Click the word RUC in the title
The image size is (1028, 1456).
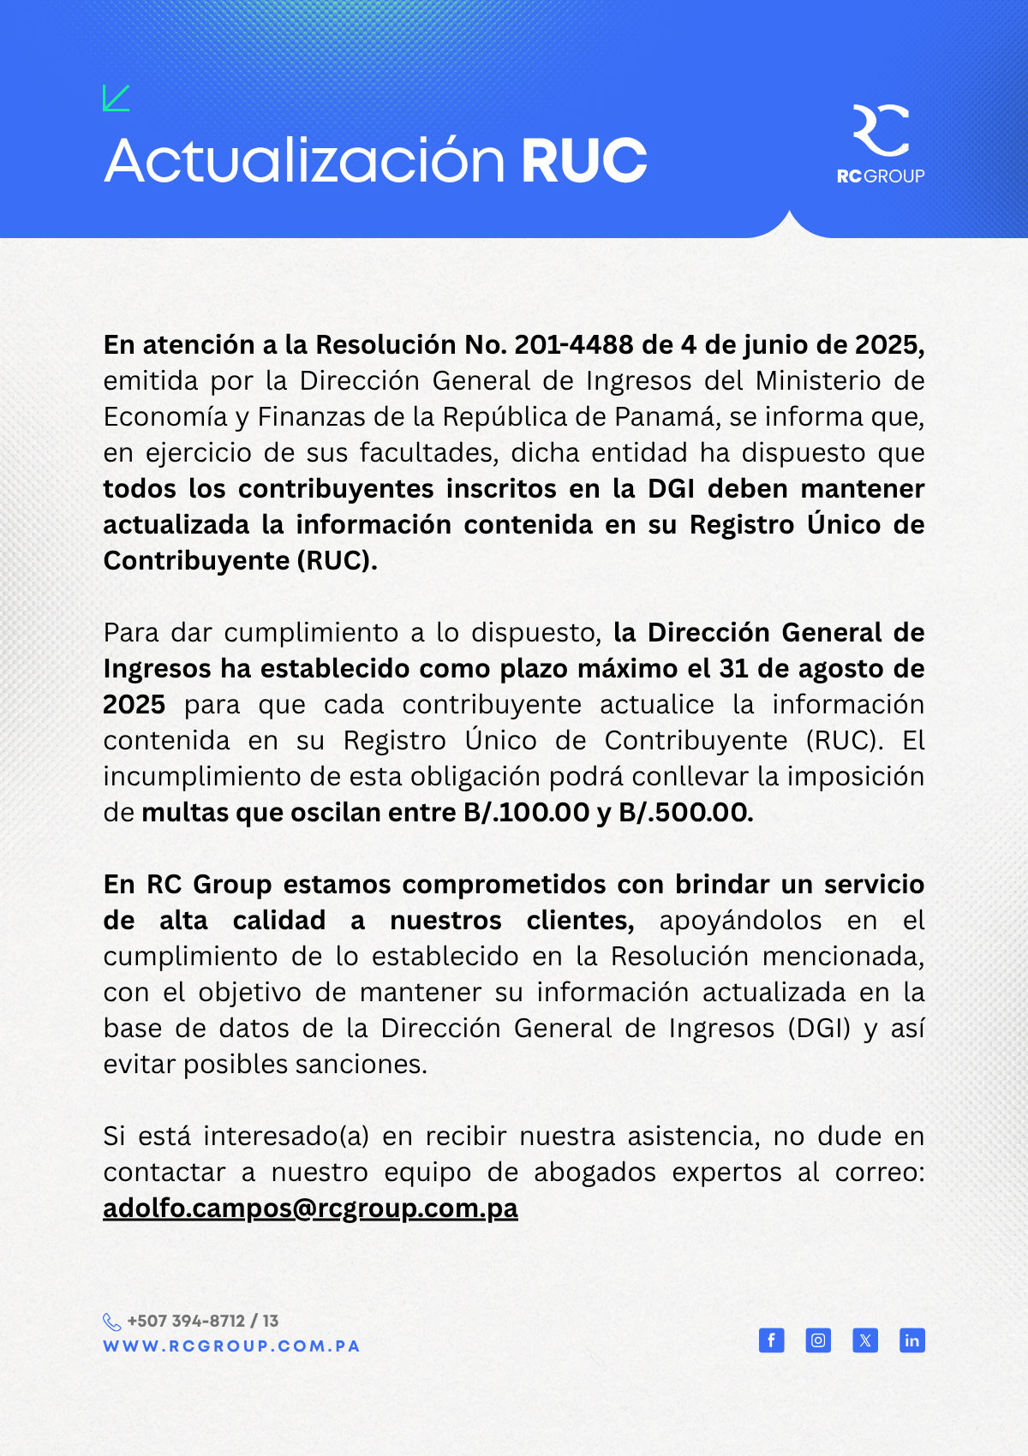583,161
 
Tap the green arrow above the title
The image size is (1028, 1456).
116,98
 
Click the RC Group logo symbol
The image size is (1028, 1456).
881,130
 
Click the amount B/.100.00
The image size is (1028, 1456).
527,812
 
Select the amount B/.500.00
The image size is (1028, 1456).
685,812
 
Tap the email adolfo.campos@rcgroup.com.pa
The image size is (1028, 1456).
310,1208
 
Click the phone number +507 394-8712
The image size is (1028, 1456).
186,1321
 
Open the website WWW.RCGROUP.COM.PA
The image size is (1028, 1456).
231,1346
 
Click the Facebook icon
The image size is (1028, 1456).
772,1340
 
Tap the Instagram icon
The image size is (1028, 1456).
818,1340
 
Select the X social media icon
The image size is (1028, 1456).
865,1340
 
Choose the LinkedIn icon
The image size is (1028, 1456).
912,1340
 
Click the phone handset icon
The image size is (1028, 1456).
112,1322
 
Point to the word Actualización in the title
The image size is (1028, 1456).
304,161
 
